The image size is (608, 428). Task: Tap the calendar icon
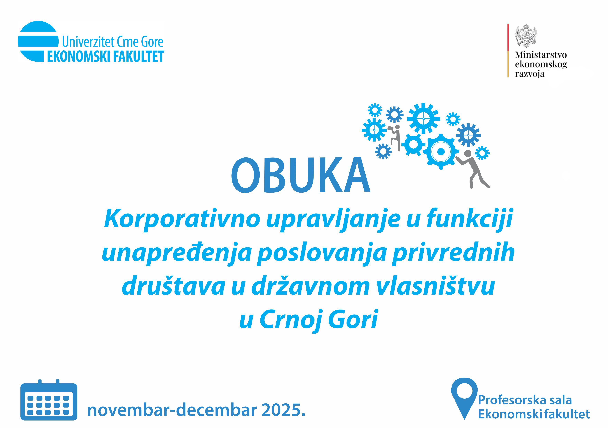[49, 400]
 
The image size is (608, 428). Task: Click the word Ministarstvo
[541, 55]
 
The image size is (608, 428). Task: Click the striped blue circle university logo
[38, 41]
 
